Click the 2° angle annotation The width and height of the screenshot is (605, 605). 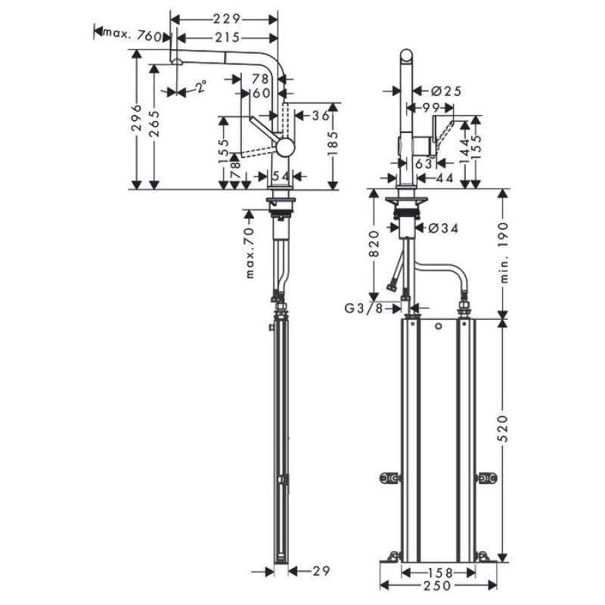[200, 88]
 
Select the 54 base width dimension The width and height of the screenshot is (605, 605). [281, 176]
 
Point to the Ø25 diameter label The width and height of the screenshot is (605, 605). [445, 91]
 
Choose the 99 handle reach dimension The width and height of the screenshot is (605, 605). [432, 108]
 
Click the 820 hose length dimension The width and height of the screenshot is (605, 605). [373, 244]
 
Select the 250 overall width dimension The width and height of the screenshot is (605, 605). [439, 586]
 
